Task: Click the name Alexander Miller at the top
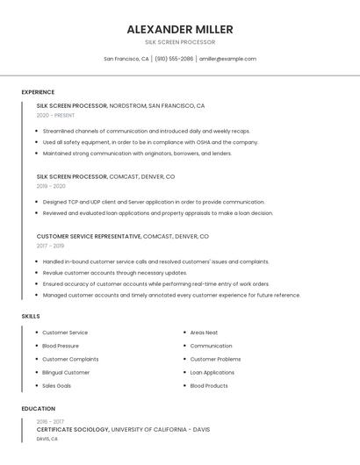(x=180, y=29)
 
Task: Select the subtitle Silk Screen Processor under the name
(x=180, y=42)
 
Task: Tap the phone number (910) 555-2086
(x=175, y=59)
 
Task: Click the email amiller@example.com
(x=227, y=59)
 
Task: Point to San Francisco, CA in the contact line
(x=126, y=59)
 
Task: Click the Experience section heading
(x=38, y=92)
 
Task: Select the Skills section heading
(x=31, y=316)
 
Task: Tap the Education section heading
(x=39, y=409)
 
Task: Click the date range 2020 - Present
(x=55, y=115)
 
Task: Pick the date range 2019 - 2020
(x=51, y=186)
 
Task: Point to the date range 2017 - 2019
(x=51, y=246)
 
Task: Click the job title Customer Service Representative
(x=89, y=236)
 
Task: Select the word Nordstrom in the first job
(x=128, y=105)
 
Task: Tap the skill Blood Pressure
(x=61, y=346)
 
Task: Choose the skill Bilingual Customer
(x=66, y=372)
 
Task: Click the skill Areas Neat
(x=204, y=333)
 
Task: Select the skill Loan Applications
(x=212, y=372)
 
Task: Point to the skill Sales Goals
(x=57, y=385)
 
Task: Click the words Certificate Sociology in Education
(x=72, y=430)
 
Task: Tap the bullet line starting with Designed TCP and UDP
(x=154, y=202)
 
